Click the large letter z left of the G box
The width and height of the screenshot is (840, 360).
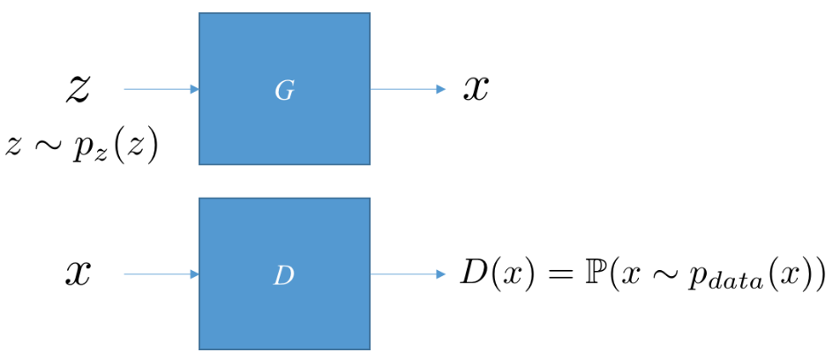[78, 88]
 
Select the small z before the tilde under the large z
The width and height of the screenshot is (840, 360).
[14, 146]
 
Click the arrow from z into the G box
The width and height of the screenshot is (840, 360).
[161, 89]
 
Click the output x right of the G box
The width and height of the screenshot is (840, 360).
[476, 89]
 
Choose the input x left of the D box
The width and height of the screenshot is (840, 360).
[78, 274]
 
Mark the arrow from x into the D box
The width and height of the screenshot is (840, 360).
[161, 274]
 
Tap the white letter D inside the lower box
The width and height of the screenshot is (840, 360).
[284, 275]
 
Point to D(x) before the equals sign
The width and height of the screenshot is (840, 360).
[494, 274]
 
